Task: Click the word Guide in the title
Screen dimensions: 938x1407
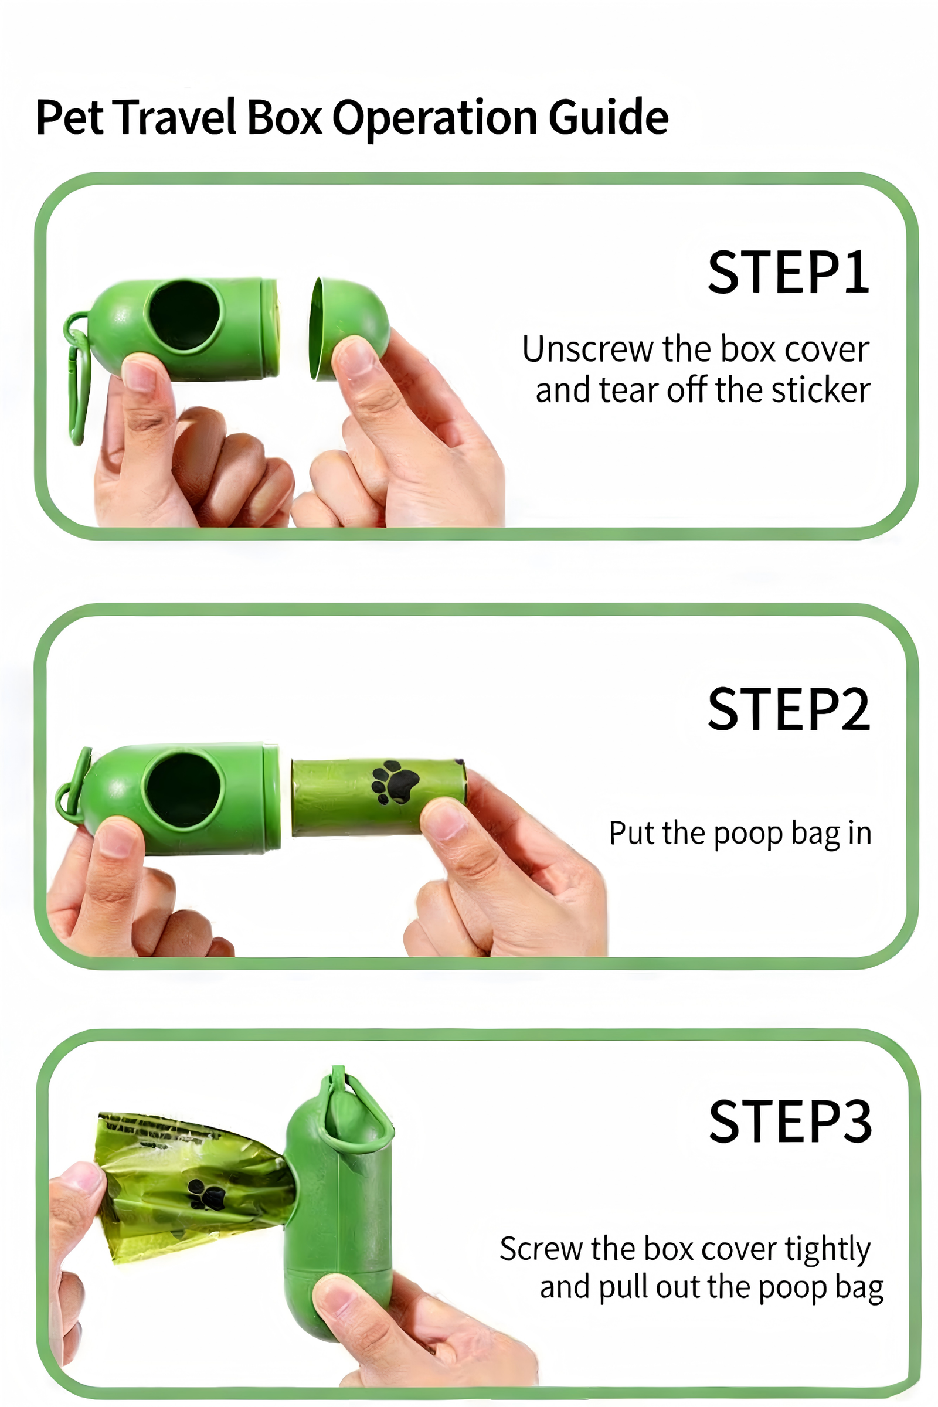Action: coord(609,117)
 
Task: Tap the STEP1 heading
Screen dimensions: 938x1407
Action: coord(789,273)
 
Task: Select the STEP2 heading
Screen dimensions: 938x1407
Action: coord(789,709)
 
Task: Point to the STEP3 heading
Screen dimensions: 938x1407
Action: coord(790,1121)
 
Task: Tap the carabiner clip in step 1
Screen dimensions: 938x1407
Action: coord(78,377)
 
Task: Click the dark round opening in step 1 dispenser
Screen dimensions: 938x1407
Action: coord(185,315)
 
